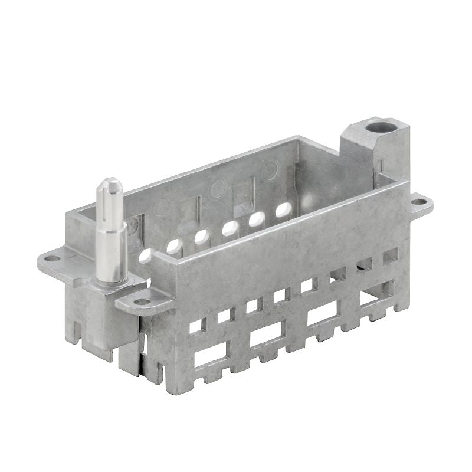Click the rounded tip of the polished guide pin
[110, 184]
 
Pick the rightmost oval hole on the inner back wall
[284, 209]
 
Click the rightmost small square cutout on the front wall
[390, 257]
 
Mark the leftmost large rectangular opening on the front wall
[210, 355]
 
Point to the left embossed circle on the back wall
[217, 189]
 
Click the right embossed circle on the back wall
[270, 171]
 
